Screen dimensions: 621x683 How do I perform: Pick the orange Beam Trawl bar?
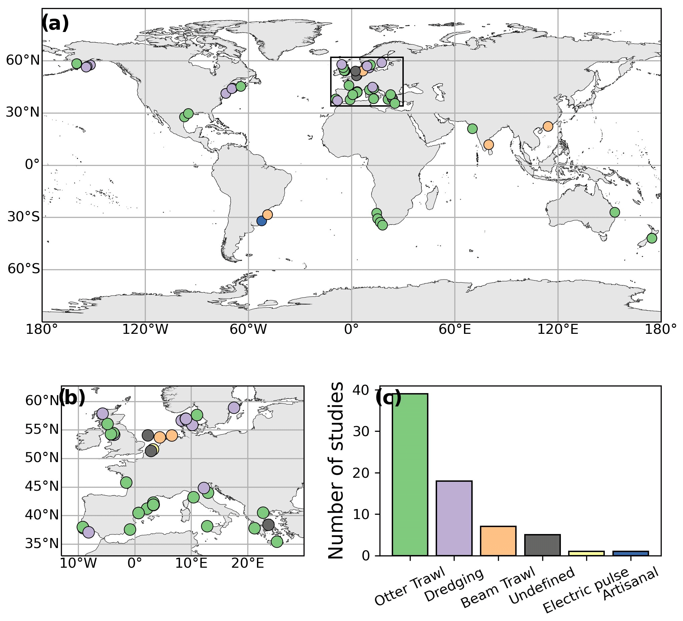(x=498, y=541)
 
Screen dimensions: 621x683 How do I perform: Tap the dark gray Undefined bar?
(x=543, y=545)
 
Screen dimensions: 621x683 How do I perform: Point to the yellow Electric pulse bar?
(x=586, y=553)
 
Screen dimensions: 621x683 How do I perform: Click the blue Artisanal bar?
(x=630, y=553)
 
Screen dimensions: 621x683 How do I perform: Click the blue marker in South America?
(x=262, y=221)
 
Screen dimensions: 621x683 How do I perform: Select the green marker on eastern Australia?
(x=614, y=212)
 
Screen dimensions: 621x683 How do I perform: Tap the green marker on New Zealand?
(x=652, y=238)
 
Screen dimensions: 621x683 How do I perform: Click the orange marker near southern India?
(x=489, y=145)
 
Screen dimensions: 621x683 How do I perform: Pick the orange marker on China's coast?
(x=548, y=126)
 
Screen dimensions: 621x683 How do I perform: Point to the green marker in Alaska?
(x=77, y=63)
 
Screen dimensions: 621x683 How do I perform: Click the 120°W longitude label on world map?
(x=145, y=329)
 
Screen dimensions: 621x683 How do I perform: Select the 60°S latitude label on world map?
(x=24, y=269)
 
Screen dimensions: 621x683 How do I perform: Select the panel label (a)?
(x=55, y=24)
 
